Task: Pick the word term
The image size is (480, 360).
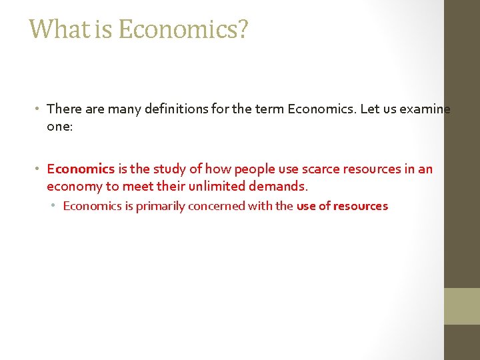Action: point(268,109)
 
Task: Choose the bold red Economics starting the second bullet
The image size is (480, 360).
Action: point(81,169)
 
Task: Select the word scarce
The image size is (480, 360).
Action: point(324,169)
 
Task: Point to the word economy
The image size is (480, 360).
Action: point(73,187)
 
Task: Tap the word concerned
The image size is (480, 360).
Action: point(216,206)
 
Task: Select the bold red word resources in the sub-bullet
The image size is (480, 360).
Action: point(361,206)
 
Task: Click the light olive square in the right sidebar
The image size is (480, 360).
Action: point(462,306)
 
